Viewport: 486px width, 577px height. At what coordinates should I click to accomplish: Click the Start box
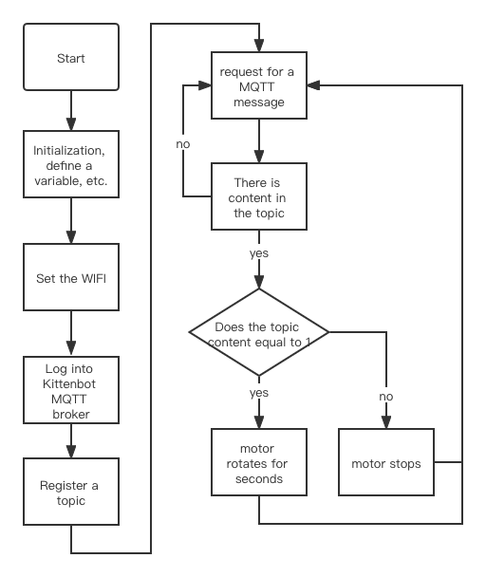(71, 59)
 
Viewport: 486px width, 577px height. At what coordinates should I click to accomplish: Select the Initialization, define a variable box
(71, 165)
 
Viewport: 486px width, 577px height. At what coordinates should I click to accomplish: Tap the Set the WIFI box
(71, 279)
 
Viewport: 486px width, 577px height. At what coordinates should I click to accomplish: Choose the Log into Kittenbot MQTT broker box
(71, 389)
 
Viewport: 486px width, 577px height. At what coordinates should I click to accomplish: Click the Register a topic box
(71, 493)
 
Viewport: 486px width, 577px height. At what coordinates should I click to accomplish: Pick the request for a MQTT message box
(258, 86)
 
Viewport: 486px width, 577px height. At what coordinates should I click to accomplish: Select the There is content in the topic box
(258, 197)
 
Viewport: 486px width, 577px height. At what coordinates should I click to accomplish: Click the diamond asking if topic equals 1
(258, 333)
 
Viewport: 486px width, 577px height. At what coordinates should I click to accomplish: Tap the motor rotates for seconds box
(258, 463)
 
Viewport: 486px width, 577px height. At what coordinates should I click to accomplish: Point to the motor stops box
(386, 463)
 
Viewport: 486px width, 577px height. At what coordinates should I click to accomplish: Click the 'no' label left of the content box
(183, 143)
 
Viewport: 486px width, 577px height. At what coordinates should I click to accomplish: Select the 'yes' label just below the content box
(258, 254)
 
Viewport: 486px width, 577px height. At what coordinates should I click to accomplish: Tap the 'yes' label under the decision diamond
(258, 391)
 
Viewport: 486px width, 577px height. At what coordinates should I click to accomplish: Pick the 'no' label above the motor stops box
(386, 396)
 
